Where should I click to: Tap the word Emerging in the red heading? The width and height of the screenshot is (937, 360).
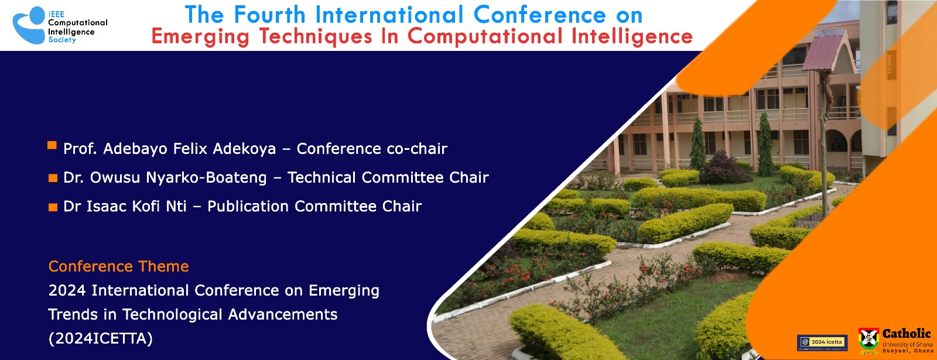pyautogui.click(x=200, y=37)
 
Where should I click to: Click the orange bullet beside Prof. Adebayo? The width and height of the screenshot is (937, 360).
pyautogui.click(x=52, y=145)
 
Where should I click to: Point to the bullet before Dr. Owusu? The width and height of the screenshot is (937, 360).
pyautogui.click(x=53, y=179)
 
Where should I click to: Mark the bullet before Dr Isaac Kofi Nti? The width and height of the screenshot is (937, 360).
pyautogui.click(x=53, y=207)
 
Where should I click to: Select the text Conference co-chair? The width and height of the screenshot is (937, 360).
pyautogui.click(x=372, y=149)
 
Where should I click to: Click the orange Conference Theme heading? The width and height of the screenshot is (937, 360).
pyautogui.click(x=118, y=266)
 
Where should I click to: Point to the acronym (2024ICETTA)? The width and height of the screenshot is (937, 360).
pyautogui.click(x=100, y=338)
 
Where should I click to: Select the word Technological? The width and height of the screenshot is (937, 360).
pyautogui.click(x=172, y=314)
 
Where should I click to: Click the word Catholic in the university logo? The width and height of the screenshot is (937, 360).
pyautogui.click(x=906, y=334)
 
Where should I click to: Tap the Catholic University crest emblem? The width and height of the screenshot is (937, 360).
pyautogui.click(x=868, y=339)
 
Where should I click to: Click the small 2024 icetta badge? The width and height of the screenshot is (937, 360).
pyautogui.click(x=822, y=342)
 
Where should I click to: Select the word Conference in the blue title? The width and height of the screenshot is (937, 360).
pyautogui.click(x=539, y=15)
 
